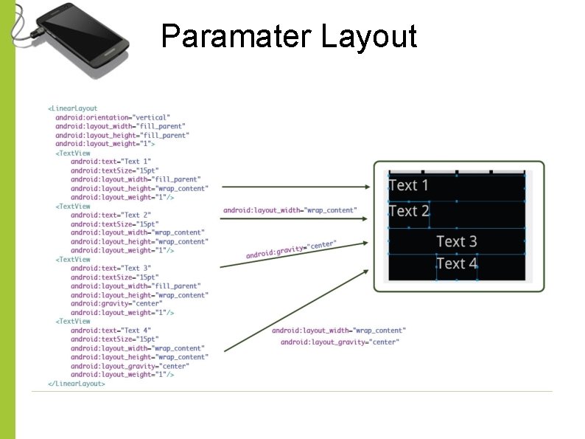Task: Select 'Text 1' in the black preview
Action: [408, 185]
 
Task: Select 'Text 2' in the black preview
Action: [408, 211]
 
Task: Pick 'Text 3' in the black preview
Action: [457, 241]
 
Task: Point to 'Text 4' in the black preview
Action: [457, 263]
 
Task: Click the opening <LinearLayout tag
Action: [73, 108]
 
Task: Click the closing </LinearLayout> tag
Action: [77, 384]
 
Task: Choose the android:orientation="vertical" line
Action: [112, 117]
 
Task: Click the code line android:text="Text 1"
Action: [111, 162]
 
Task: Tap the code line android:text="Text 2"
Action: [111, 215]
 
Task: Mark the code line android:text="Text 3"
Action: [111, 268]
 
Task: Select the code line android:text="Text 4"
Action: [111, 330]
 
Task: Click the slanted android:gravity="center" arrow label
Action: [291, 249]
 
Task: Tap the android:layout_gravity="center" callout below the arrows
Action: [340, 342]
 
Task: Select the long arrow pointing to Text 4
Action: [295, 310]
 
